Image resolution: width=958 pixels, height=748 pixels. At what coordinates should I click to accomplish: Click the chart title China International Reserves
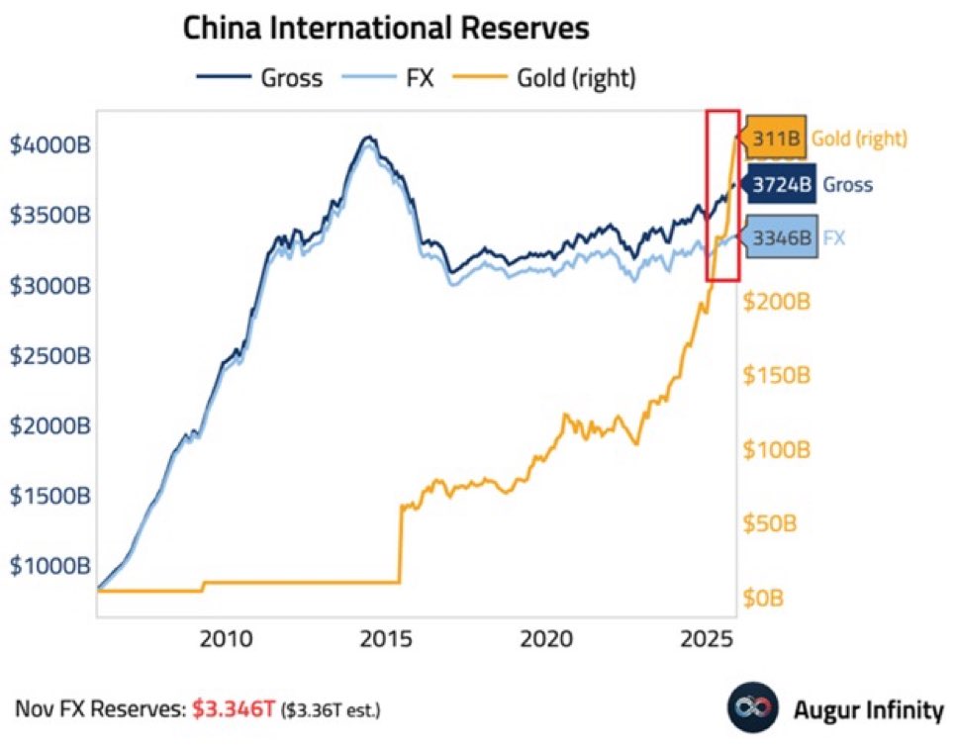coord(386,28)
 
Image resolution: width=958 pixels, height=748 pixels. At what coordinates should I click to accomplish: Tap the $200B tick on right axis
coord(776,301)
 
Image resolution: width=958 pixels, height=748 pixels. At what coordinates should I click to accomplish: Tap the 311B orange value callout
coord(776,139)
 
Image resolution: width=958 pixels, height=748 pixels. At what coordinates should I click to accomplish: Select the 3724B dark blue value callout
coord(780,185)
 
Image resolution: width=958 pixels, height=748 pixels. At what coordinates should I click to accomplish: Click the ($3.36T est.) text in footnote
coord(331,709)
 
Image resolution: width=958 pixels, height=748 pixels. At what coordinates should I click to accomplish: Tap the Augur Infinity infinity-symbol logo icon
coord(748,707)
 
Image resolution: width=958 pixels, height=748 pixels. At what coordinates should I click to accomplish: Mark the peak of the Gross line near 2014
coord(367,138)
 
